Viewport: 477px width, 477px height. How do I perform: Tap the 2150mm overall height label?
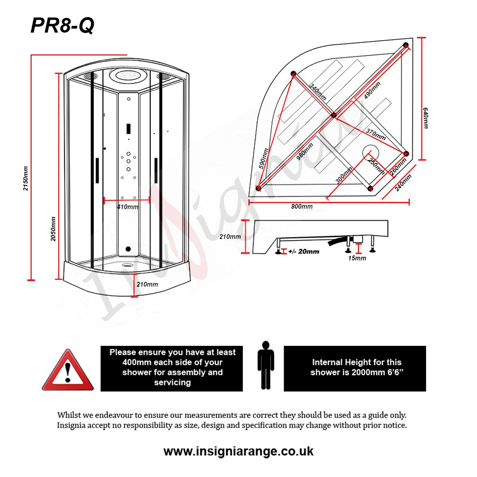[x=26, y=178]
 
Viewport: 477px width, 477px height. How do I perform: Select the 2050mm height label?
[x=53, y=229]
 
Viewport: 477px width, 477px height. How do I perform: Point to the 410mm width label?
[x=128, y=207]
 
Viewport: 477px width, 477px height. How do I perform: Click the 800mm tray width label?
[x=302, y=206]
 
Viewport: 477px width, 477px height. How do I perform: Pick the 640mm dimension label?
[x=425, y=118]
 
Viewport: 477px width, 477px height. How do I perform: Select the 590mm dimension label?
[x=264, y=159]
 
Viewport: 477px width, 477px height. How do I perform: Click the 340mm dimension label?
[x=318, y=92]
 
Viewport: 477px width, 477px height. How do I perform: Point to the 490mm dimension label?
[x=372, y=90]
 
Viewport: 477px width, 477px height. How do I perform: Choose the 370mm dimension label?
[x=376, y=134]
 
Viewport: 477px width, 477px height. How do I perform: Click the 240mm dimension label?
[x=403, y=183]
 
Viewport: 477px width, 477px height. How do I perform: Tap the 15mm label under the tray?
[x=357, y=258]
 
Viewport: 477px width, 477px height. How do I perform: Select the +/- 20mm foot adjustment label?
[x=304, y=251]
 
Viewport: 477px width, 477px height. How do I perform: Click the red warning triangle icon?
[x=68, y=370]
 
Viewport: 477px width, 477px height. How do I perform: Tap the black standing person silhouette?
[x=266, y=365]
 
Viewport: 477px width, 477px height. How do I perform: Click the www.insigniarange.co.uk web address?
[x=238, y=452]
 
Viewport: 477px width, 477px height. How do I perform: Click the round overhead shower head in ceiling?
[x=128, y=74]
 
